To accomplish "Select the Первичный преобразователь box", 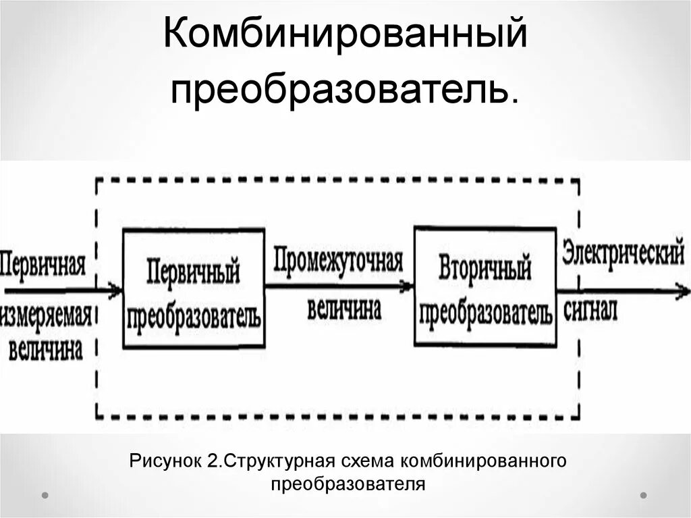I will (x=194, y=288).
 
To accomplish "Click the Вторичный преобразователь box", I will (x=485, y=286).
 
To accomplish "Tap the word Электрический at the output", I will (x=623, y=254).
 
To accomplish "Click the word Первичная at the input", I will (x=43, y=262).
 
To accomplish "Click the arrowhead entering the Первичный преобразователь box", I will (x=116, y=290).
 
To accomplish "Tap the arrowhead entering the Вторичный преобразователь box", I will (x=407, y=286).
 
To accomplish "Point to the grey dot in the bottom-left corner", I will (x=45, y=495).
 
